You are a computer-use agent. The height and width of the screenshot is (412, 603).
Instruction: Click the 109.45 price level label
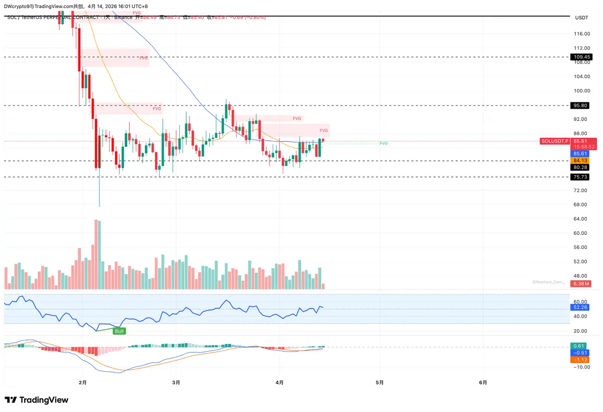coord(580,57)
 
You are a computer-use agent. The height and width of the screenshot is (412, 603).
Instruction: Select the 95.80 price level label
coord(580,106)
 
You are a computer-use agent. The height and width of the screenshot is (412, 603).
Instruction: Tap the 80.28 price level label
coord(580,167)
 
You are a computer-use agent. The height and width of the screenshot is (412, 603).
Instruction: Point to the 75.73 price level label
coord(580,177)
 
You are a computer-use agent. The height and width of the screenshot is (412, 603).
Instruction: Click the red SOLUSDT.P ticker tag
coord(554,141)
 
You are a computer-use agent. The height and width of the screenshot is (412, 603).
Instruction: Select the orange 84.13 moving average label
coord(580,160)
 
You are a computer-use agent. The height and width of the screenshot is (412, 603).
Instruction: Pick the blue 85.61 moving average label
coord(580,153)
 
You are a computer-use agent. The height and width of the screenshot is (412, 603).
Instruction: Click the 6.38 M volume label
coord(581,284)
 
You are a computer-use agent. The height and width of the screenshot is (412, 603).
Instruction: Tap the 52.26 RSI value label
coord(580,307)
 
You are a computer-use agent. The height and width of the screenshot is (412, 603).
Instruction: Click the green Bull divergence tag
coord(119,331)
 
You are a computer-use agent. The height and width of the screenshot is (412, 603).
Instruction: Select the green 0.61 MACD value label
coord(579,346)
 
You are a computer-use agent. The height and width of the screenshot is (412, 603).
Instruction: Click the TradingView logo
coord(36,400)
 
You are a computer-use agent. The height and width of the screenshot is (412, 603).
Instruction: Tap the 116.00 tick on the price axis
coord(582,34)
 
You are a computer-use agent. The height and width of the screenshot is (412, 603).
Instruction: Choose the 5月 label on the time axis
coord(380,382)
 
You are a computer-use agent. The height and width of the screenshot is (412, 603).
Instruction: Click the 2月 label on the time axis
coord(83,382)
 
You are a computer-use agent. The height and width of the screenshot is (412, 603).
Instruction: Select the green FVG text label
coord(384,143)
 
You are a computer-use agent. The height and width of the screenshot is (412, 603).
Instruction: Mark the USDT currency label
coord(581,18)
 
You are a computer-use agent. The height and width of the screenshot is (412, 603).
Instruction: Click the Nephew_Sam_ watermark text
coord(548,282)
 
